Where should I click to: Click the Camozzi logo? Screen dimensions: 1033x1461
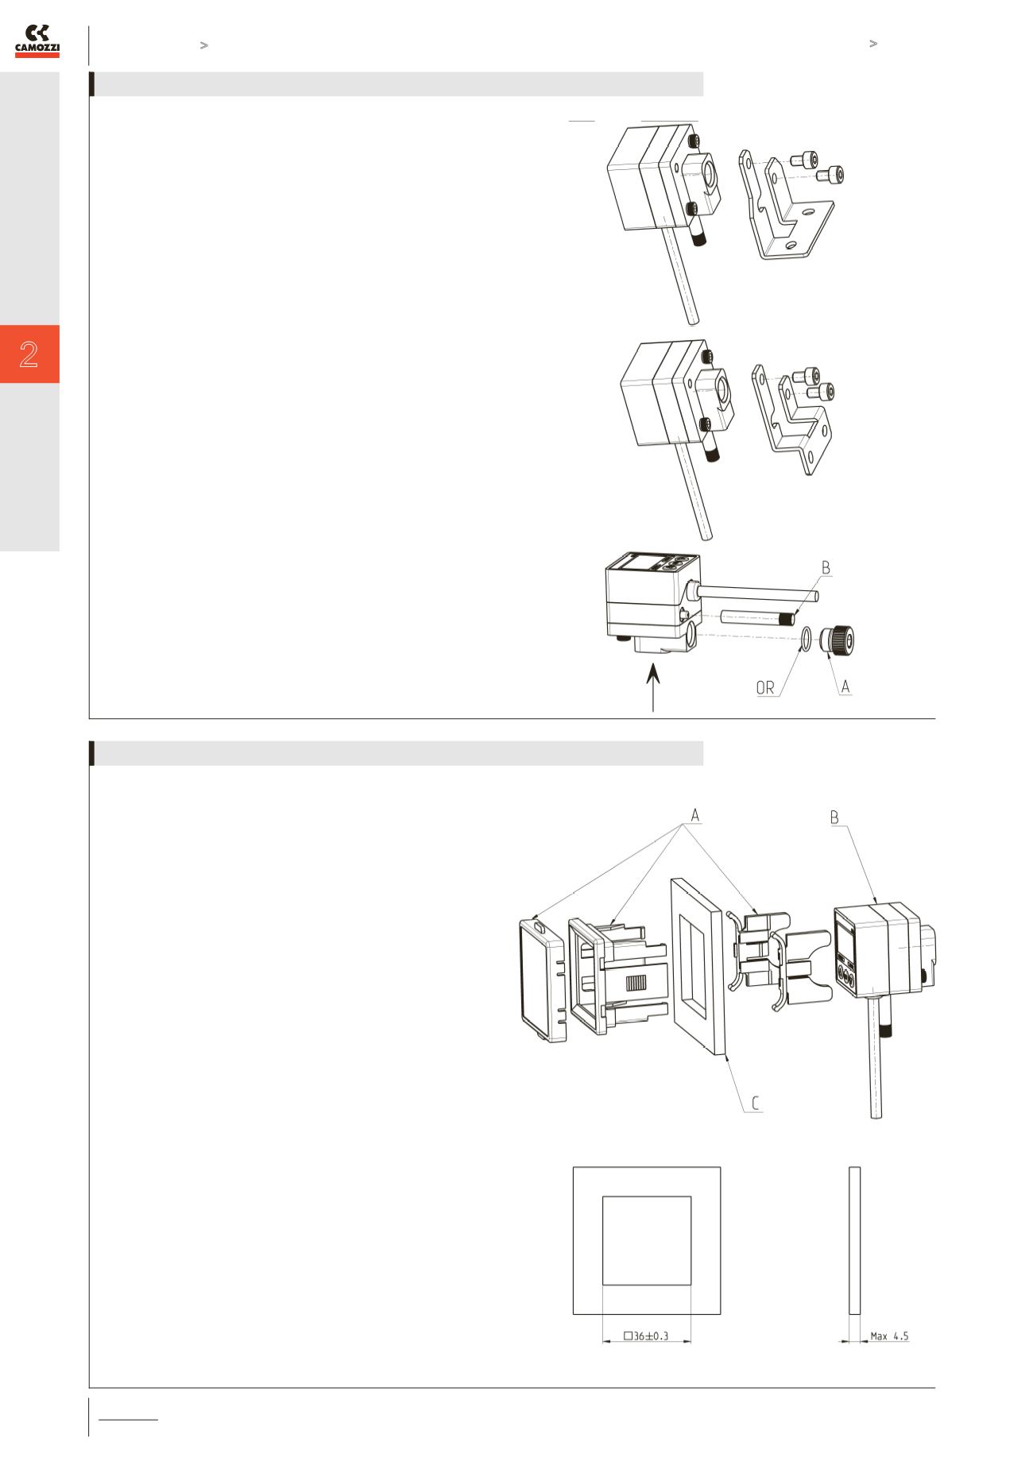[x=38, y=41]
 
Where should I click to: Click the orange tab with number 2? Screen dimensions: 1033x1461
[x=29, y=354]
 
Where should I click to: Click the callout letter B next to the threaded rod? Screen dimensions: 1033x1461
[x=826, y=568]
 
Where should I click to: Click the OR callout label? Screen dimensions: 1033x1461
[x=764, y=688]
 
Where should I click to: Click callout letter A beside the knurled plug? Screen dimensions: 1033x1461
[x=845, y=686]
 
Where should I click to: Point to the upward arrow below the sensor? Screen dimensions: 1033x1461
[x=653, y=689]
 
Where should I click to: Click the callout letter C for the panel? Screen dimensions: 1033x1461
[x=756, y=1103]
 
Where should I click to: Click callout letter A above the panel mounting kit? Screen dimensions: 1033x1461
[x=695, y=815]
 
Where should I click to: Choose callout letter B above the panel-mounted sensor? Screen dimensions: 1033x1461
[x=834, y=817]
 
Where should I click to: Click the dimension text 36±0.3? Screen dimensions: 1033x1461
[x=646, y=1336]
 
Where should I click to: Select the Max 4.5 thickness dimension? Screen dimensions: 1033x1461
[x=889, y=1336]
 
